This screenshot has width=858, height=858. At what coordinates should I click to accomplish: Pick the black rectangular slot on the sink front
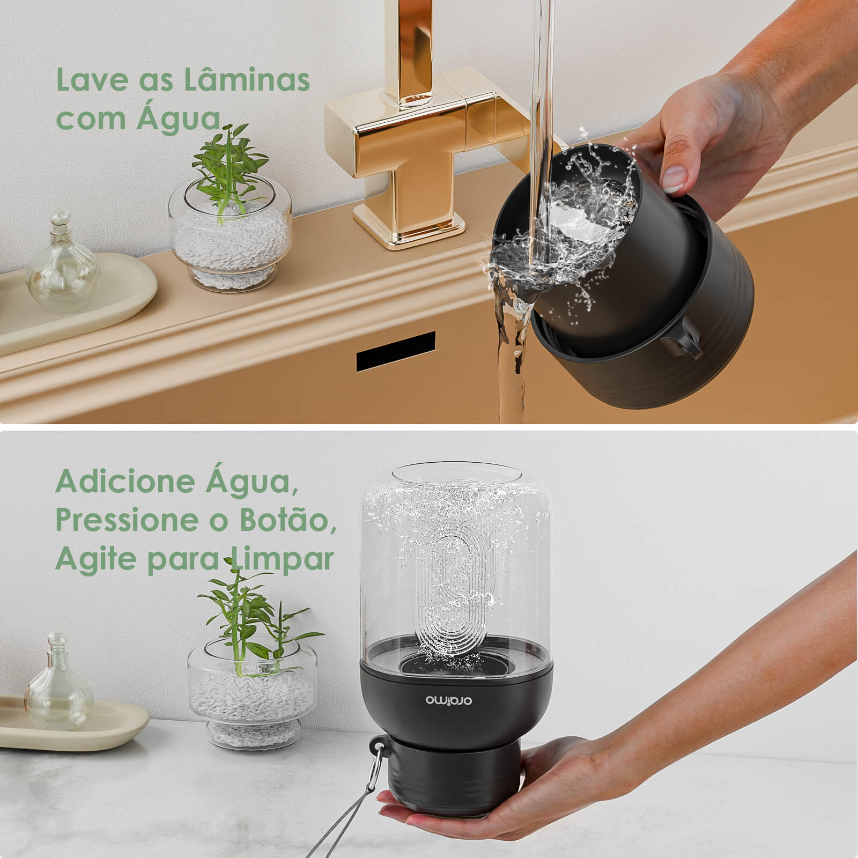396,352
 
